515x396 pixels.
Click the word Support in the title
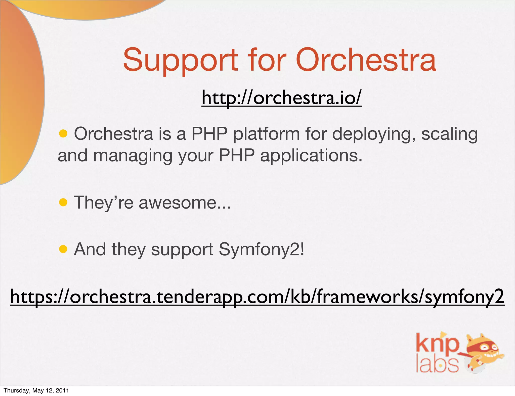click(x=180, y=60)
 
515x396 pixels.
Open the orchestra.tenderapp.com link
click(x=257, y=296)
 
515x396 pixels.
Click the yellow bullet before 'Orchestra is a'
click(x=63, y=134)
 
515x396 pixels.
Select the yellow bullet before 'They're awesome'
click(x=63, y=202)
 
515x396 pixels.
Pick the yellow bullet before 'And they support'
click(x=63, y=249)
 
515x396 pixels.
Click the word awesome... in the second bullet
click(x=185, y=202)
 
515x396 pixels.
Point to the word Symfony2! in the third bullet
click(x=262, y=250)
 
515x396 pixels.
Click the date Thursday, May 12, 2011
click(x=36, y=390)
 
